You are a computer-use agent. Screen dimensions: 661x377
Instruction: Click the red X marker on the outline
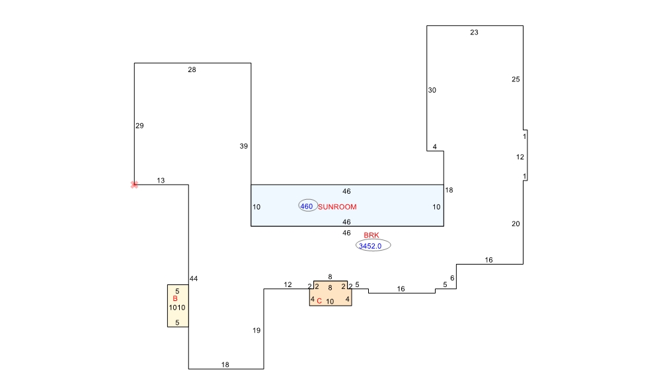click(134, 185)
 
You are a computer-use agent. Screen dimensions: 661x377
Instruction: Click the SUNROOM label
click(337, 207)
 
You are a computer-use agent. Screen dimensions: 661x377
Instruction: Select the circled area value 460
click(307, 206)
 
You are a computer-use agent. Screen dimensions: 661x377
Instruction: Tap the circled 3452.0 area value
click(373, 245)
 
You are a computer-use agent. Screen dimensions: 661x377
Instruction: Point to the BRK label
click(371, 235)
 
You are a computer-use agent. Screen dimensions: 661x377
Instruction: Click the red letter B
click(175, 298)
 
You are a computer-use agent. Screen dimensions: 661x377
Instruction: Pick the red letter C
click(319, 301)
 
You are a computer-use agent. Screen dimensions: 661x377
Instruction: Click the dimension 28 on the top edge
click(192, 70)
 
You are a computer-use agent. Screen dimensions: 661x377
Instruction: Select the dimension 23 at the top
click(474, 32)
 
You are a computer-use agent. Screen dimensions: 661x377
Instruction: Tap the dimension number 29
click(139, 126)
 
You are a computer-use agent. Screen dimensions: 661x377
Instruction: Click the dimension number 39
click(244, 146)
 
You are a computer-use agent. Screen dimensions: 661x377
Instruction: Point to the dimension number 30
click(432, 90)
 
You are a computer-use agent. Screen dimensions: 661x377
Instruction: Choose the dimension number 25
click(516, 79)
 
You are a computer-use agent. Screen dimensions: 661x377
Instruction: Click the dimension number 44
click(194, 278)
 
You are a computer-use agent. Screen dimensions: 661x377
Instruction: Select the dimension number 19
click(256, 331)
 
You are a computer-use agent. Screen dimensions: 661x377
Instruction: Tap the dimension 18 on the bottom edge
click(225, 365)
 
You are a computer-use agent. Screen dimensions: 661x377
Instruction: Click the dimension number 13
click(161, 181)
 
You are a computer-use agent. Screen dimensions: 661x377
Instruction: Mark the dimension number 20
click(516, 224)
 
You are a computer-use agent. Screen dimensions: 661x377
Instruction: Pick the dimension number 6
click(452, 278)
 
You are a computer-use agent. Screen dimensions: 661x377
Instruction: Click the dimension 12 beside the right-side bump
click(520, 157)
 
